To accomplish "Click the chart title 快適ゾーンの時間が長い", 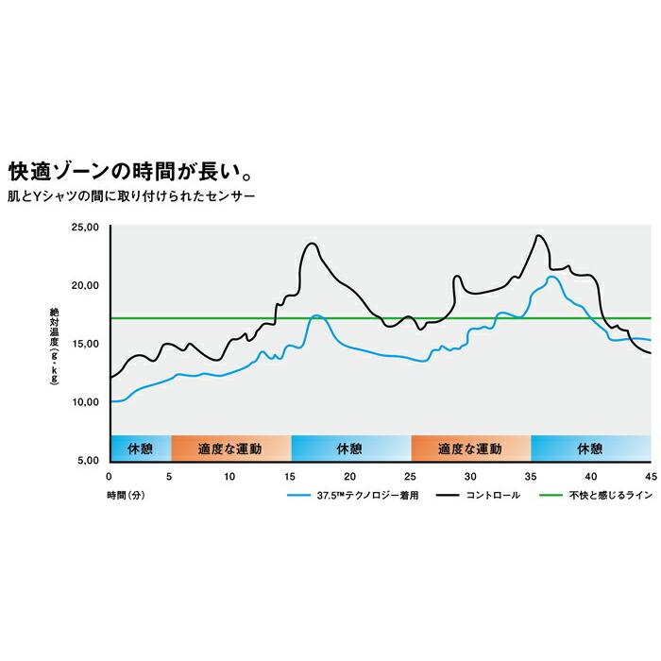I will pyautogui.click(x=129, y=173).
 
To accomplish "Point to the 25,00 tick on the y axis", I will pyautogui.click(x=85, y=228).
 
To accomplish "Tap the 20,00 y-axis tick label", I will pyautogui.click(x=85, y=285).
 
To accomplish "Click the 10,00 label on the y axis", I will pyautogui.click(x=85, y=401).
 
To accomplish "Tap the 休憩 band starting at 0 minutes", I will pyautogui.click(x=140, y=448).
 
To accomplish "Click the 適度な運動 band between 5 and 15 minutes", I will pyautogui.click(x=230, y=448).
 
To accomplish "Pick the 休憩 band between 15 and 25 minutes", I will pyautogui.click(x=350, y=448).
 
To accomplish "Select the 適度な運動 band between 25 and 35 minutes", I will pyautogui.click(x=470, y=448).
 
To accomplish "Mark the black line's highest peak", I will pyautogui.click(x=539, y=235).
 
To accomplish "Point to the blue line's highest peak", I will pyautogui.click(x=551, y=277).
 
